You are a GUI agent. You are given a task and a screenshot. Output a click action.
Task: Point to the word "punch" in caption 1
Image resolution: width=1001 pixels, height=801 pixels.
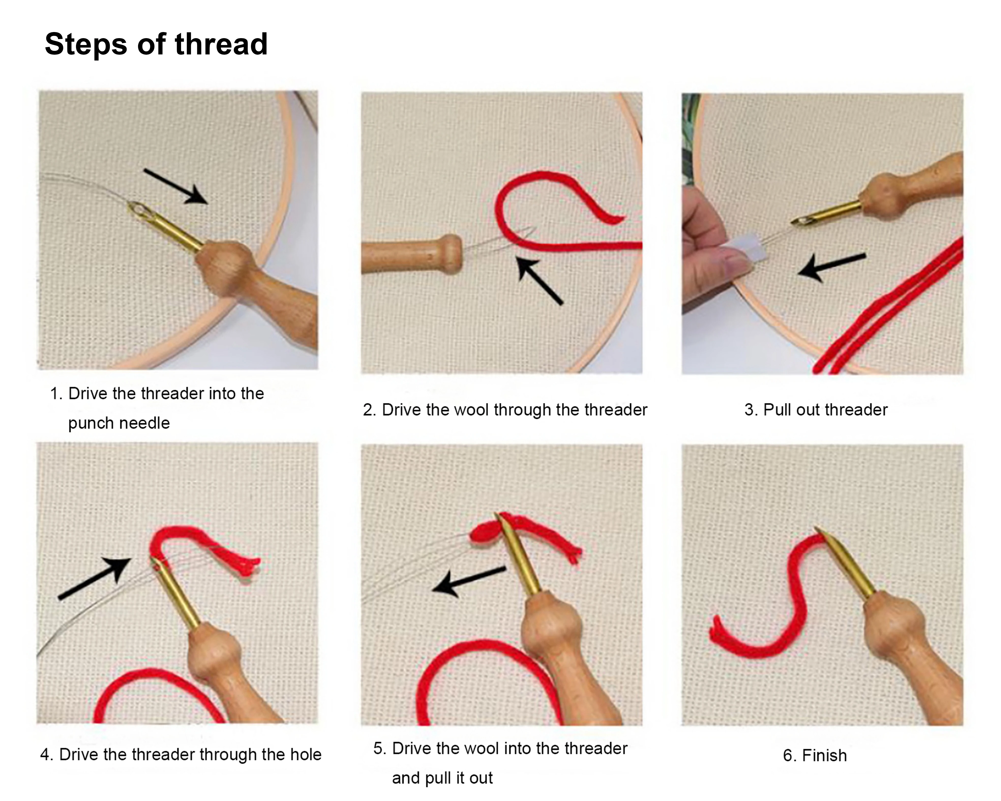pos(92,423)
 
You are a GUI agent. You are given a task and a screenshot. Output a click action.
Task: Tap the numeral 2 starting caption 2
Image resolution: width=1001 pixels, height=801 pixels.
pos(368,410)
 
